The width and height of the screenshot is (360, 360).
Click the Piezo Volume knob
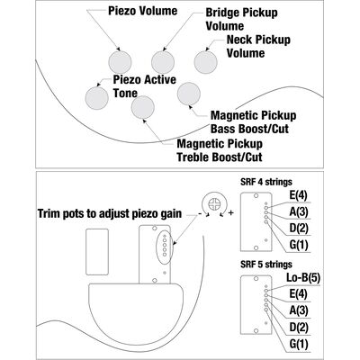[x=120, y=62]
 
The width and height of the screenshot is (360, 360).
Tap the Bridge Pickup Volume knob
[x=163, y=62]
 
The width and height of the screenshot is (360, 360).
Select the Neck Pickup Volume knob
[x=206, y=62]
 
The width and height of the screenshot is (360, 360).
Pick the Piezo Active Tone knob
[x=96, y=98]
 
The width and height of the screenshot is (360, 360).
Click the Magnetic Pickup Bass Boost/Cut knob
[x=189, y=94]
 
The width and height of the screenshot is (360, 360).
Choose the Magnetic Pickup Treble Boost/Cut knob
[x=143, y=107]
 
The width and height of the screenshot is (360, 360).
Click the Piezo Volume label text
[x=142, y=11]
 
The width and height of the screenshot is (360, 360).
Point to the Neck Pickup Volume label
[x=258, y=46]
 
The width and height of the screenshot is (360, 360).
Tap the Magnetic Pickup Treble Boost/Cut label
[x=220, y=150]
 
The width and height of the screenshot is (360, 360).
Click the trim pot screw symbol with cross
[x=215, y=204]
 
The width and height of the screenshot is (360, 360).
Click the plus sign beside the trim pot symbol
[x=230, y=213]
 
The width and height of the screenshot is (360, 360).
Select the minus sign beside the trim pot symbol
[x=200, y=213]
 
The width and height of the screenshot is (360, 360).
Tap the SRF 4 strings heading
[x=266, y=182]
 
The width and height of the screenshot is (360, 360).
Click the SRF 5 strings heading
[x=266, y=265]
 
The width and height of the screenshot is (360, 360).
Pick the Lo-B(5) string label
[x=303, y=278]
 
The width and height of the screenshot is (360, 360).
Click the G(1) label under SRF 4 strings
[x=299, y=245]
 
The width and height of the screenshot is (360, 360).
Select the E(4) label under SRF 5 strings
[x=299, y=293]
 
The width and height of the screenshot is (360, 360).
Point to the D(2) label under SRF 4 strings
[x=299, y=229]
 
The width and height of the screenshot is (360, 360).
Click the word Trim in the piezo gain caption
[x=49, y=213]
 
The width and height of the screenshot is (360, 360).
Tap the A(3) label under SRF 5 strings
[x=299, y=310]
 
